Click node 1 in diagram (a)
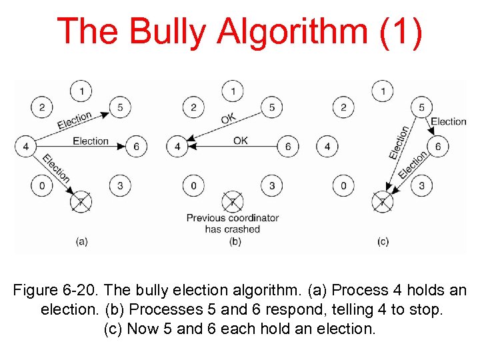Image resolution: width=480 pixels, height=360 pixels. click(81, 90)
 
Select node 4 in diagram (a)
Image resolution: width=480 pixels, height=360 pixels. click(25, 146)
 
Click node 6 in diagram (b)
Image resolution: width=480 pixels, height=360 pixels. click(288, 146)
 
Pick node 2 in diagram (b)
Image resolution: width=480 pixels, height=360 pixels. click(193, 107)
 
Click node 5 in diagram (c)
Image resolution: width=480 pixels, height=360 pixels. click(421, 107)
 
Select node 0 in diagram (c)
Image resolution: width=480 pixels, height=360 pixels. click(343, 185)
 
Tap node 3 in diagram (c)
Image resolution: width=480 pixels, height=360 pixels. click(421, 185)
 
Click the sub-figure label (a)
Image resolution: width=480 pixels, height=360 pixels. click(81, 241)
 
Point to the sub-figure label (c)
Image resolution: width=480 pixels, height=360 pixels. click(383, 241)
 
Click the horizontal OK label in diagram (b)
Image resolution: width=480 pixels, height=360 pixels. click(241, 141)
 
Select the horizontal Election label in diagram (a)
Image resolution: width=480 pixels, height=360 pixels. click(91, 141)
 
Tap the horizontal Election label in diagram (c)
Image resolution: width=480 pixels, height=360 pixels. click(448, 121)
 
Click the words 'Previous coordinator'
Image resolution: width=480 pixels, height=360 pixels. click(232, 218)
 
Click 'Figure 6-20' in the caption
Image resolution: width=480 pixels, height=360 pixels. click(57, 291)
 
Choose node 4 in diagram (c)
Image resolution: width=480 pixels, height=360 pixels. click(327, 146)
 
